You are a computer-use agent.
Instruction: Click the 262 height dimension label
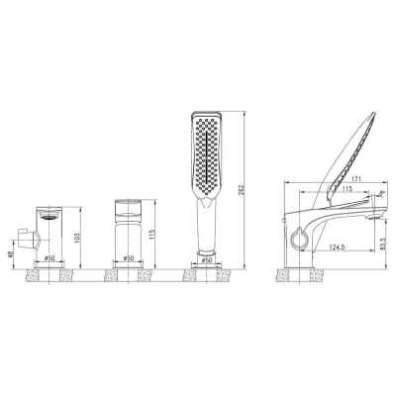241,190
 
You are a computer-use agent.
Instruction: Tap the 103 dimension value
77,238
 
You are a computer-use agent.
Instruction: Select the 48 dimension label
10,254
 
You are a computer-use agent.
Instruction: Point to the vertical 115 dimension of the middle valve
151,235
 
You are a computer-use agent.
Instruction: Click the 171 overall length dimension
355,178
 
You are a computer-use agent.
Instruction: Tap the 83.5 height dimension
383,244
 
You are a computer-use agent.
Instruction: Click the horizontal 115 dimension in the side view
346,189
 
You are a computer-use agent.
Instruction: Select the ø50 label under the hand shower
206,260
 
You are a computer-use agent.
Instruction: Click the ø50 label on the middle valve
128,258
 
